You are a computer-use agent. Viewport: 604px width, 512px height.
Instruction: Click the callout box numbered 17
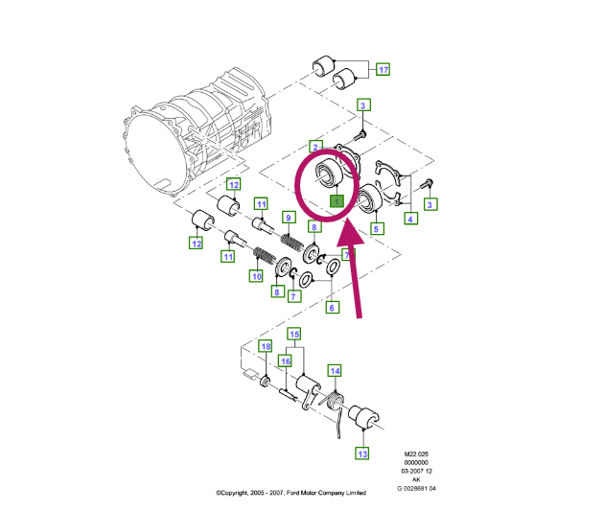tap(383, 70)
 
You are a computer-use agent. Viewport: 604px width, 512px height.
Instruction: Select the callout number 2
tap(315, 147)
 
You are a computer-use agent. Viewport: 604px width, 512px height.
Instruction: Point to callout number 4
tap(411, 219)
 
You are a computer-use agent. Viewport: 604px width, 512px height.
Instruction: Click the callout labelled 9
tap(287, 219)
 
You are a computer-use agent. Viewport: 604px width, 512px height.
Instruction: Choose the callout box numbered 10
tap(256, 276)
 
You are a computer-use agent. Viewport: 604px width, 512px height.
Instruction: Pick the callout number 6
tap(332, 307)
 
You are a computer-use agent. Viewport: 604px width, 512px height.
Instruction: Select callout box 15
tap(294, 334)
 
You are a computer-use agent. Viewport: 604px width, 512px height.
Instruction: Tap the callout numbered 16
tap(285, 361)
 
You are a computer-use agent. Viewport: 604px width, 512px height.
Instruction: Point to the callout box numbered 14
tap(335, 370)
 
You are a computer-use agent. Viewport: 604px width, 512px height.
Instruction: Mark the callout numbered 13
tap(362, 453)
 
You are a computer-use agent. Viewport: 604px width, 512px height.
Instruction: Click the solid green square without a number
tap(337, 201)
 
